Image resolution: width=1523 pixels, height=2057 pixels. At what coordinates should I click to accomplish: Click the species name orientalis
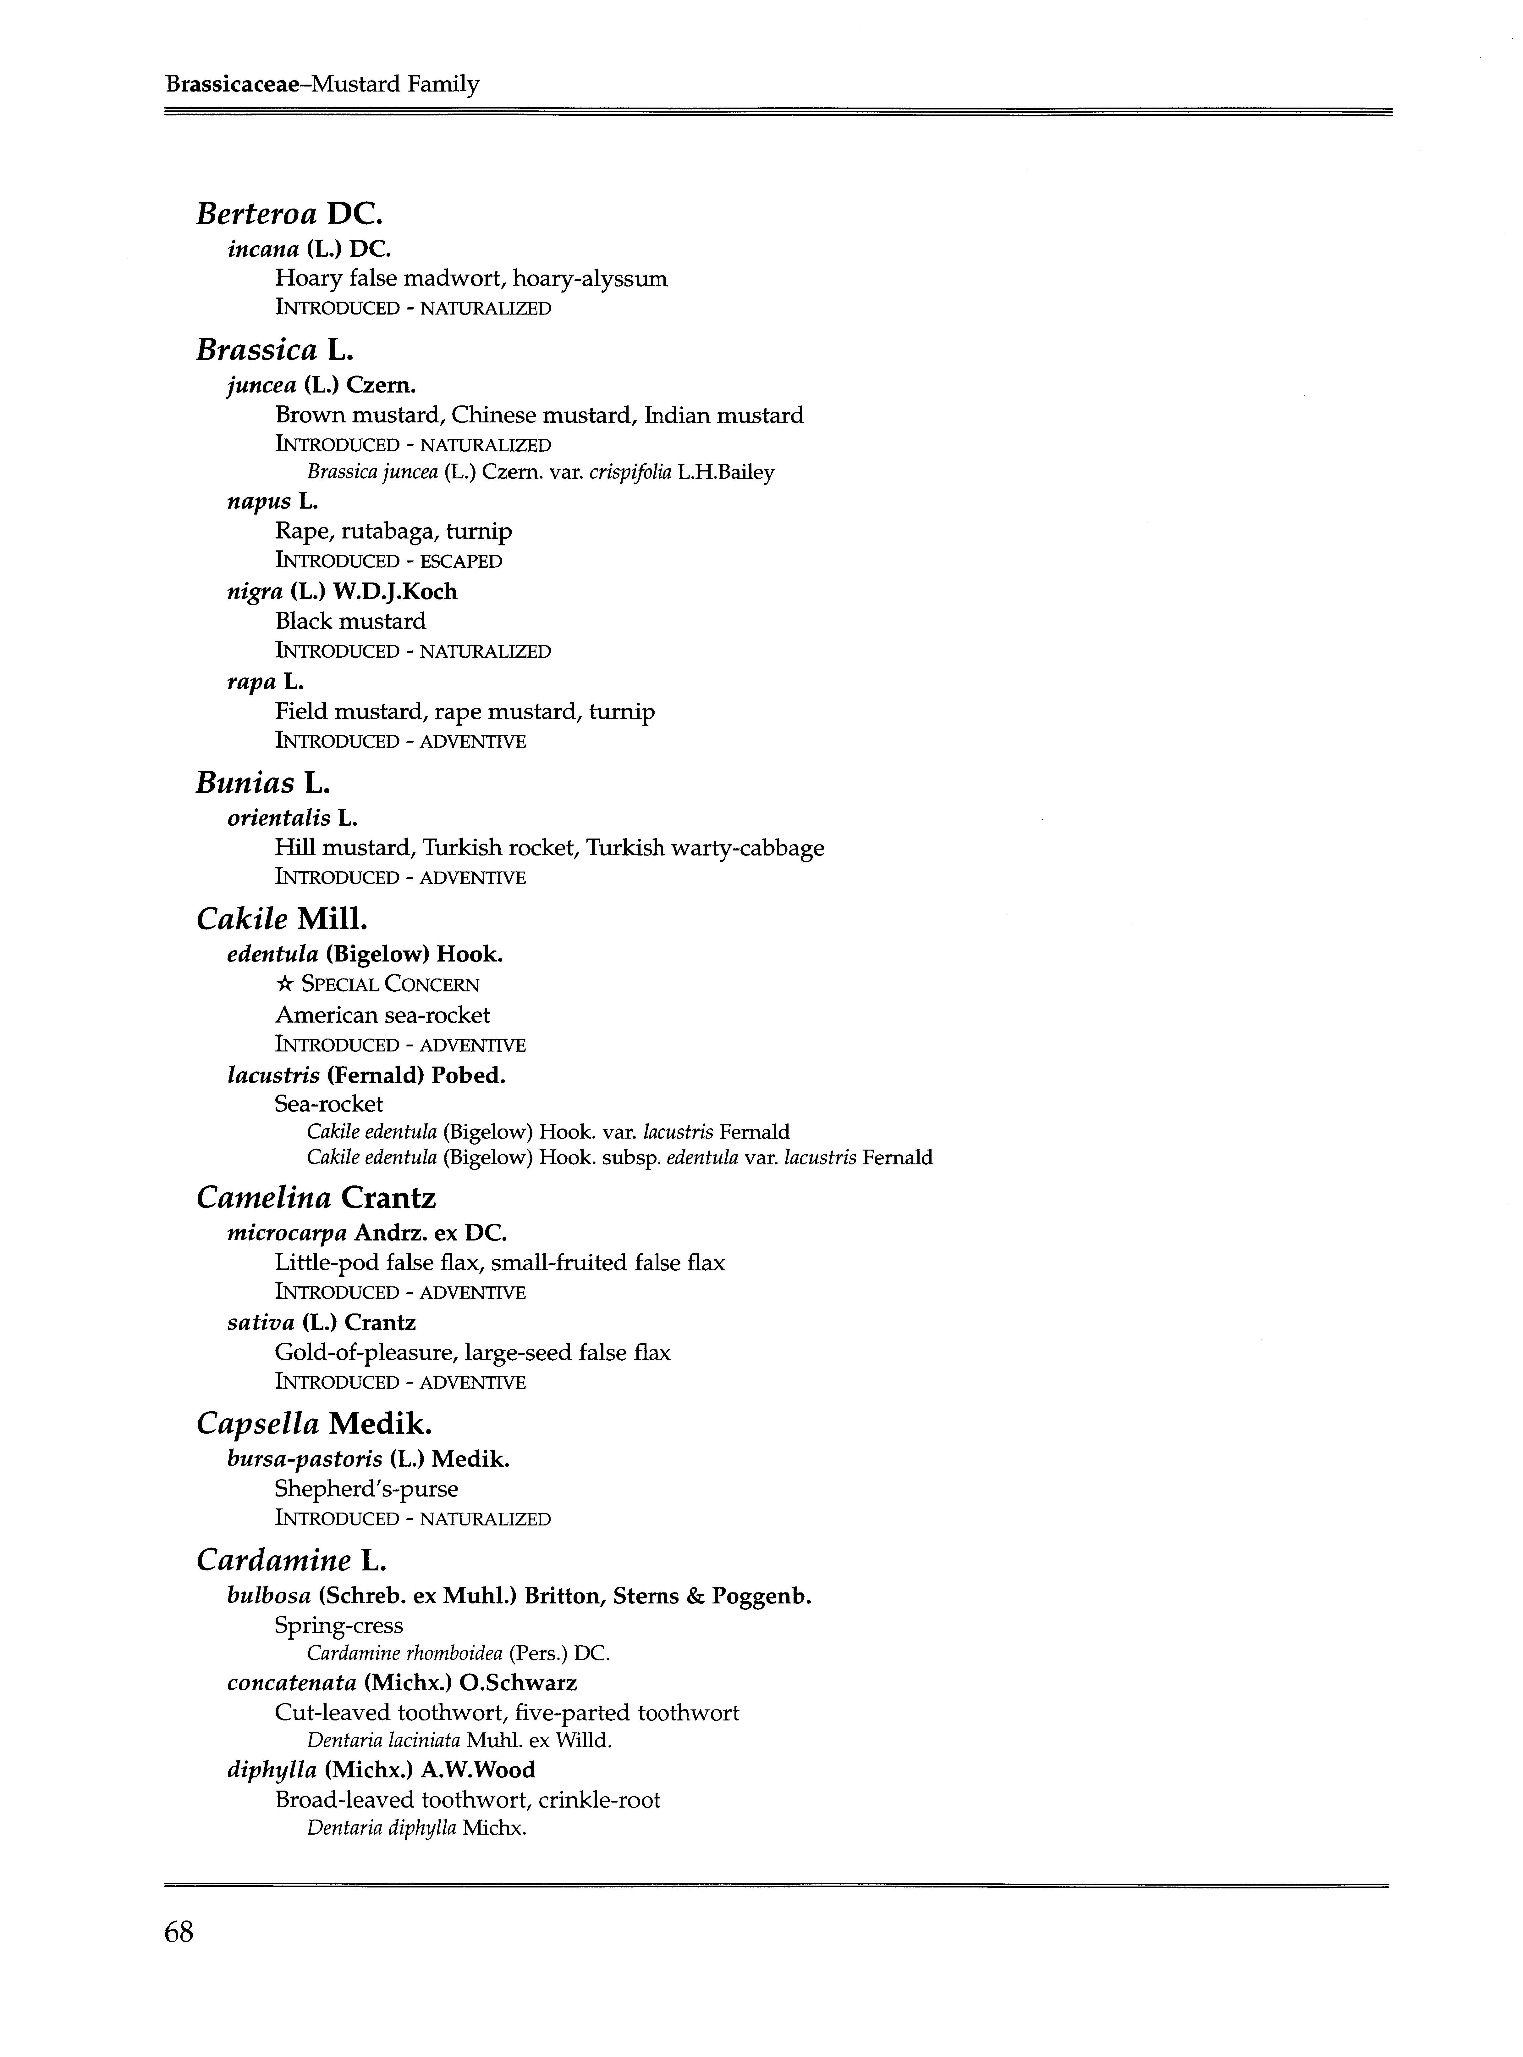click(278, 818)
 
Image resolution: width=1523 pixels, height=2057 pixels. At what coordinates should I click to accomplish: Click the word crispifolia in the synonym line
click(630, 472)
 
